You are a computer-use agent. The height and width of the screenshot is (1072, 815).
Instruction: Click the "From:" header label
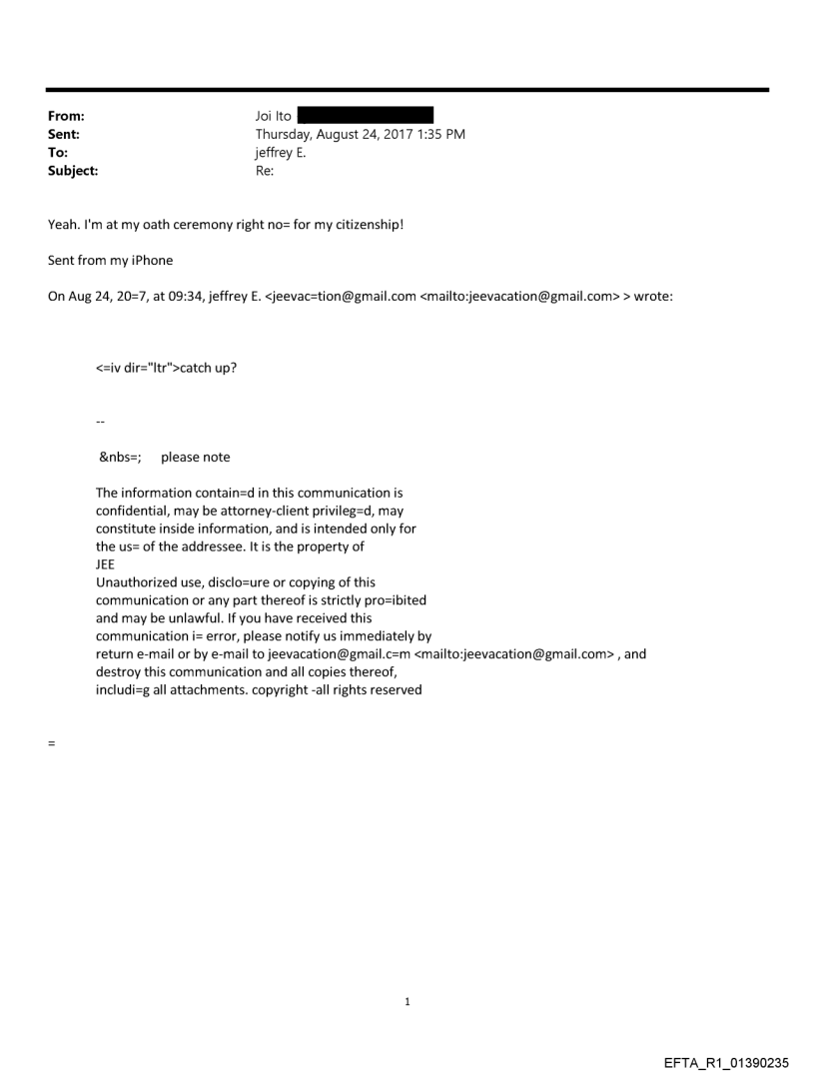click(65, 116)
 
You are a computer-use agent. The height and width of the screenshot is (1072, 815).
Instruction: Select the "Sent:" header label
click(63, 134)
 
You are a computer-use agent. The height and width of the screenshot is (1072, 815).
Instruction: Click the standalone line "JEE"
click(105, 563)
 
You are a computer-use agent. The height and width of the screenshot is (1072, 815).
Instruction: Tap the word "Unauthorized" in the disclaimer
click(136, 581)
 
